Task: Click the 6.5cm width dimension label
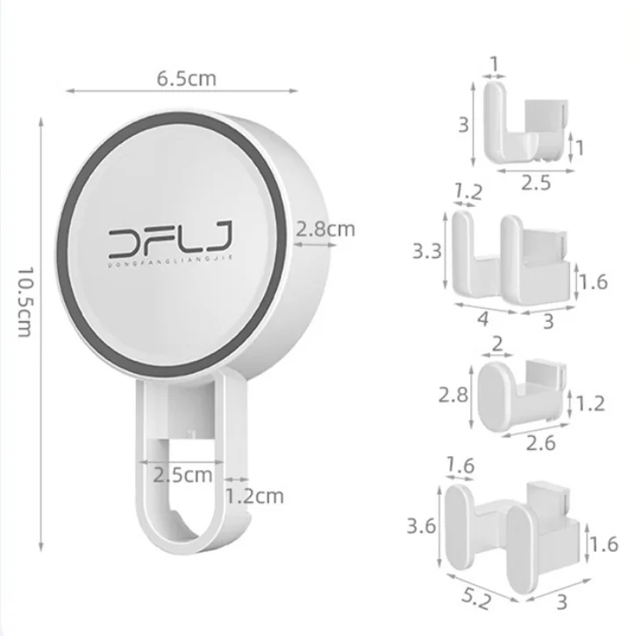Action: tap(186, 77)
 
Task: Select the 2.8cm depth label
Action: tap(325, 230)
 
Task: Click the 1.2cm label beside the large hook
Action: tap(254, 497)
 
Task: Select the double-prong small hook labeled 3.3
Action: tap(509, 254)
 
